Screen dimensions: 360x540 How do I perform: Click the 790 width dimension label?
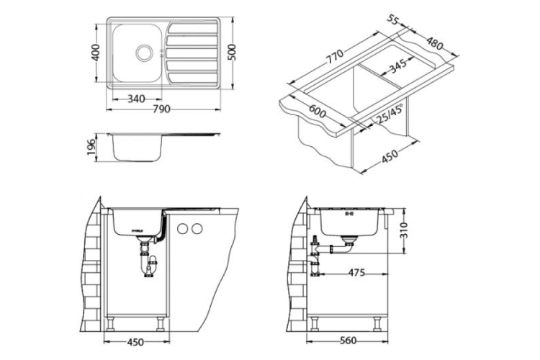tap(161, 109)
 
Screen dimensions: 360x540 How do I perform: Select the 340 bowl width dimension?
tap(136, 98)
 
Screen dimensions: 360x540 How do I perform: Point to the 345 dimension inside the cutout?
tap(397, 68)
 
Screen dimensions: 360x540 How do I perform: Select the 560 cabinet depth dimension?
tap(349, 342)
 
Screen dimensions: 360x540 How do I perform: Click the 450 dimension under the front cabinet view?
tap(136, 342)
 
